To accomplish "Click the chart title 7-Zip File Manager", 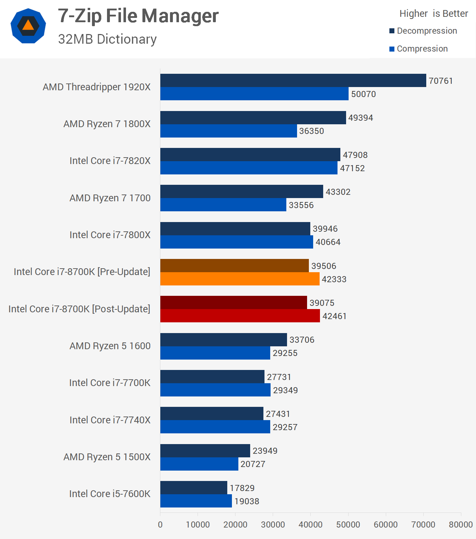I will (138, 16).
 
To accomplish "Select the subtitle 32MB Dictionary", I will (107, 39).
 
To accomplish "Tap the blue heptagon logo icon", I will (28, 26).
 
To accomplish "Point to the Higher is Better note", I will (433, 14).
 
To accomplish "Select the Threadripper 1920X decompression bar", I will (293, 81).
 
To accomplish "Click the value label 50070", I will (363, 94).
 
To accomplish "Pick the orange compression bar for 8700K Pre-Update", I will (240, 279).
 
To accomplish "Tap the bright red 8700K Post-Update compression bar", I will (240, 316).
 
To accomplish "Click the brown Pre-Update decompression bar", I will (234, 266).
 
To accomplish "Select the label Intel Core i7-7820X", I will (110, 161).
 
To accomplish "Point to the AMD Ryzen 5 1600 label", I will (110, 346).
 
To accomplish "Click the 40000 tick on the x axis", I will (310, 525).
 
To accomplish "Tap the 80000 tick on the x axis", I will (461, 525).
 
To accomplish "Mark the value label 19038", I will (247, 501).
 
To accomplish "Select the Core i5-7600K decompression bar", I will (194, 488).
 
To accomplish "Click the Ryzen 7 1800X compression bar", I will (228, 131).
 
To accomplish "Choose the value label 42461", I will (334, 316).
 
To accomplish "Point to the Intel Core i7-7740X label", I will (110, 420).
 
